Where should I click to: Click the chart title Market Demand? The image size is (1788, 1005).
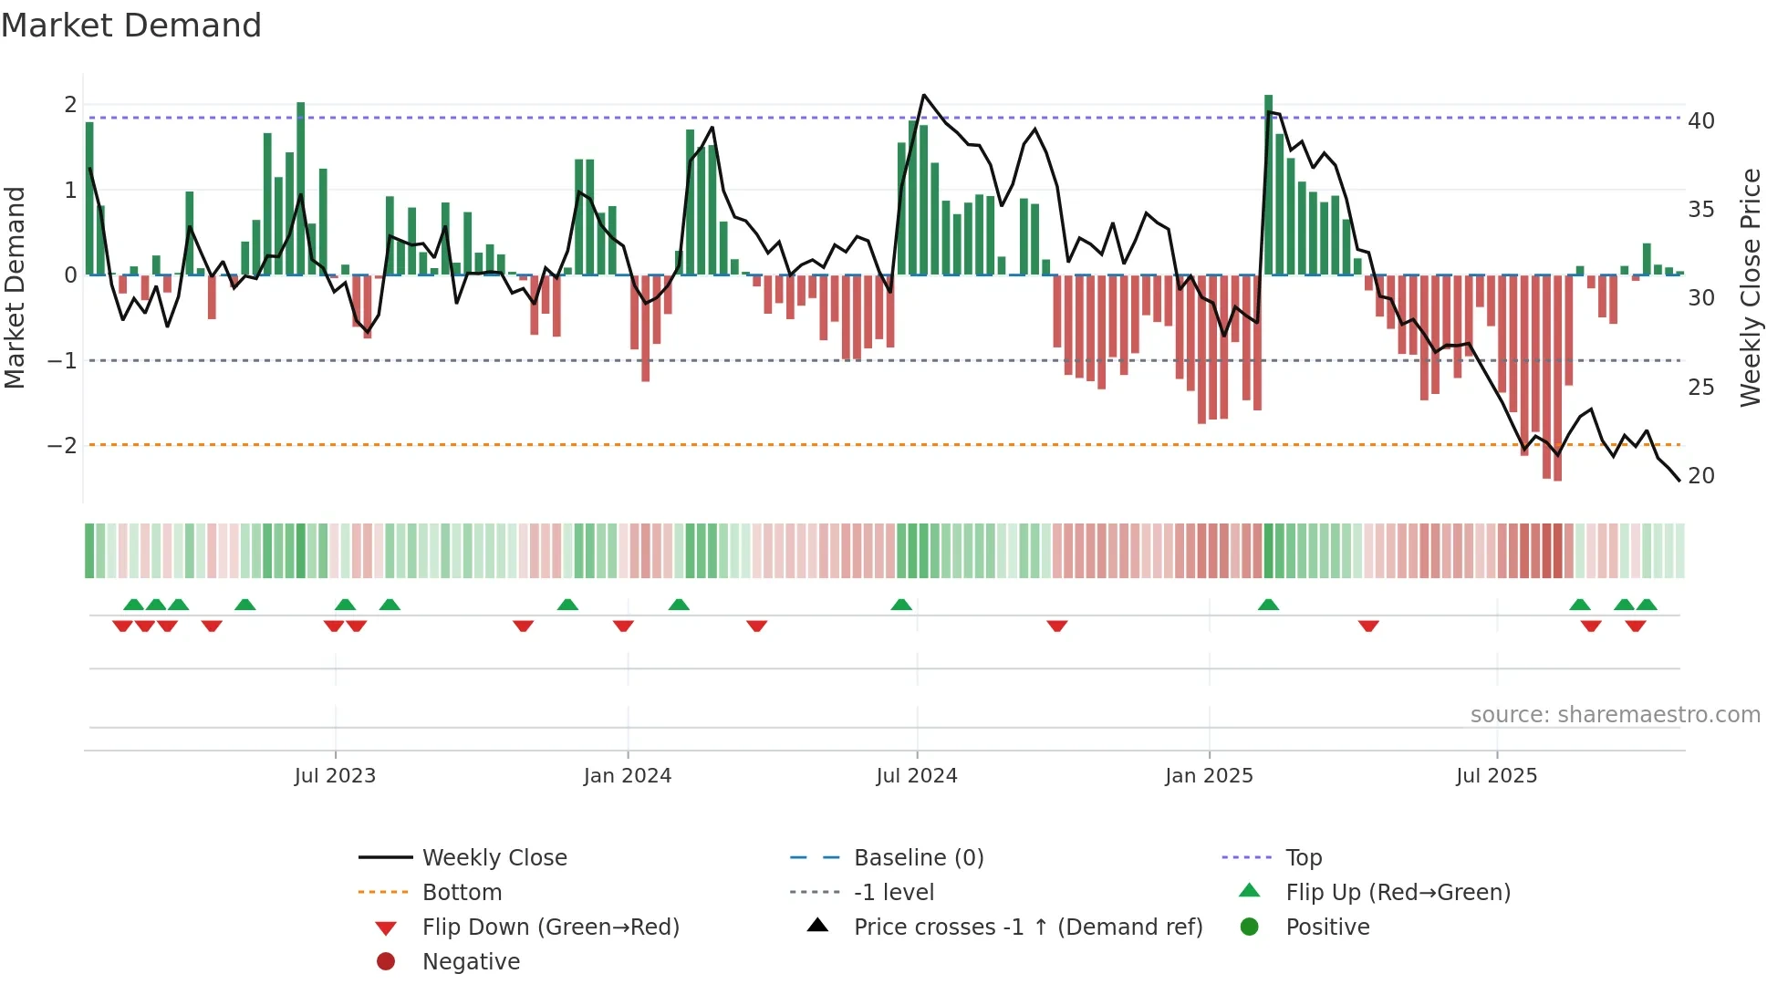(131, 26)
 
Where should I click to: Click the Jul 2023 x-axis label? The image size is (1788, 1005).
(335, 776)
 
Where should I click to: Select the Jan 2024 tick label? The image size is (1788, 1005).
(628, 776)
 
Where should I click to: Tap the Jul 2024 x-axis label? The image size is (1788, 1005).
(917, 776)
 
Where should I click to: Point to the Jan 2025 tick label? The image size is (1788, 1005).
(1209, 776)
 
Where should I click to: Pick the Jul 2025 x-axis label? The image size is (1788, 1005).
(1496, 776)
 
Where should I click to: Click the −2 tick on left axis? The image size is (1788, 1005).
(62, 446)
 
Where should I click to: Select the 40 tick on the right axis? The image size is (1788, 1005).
(1701, 121)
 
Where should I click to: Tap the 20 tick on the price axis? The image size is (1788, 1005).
(1701, 476)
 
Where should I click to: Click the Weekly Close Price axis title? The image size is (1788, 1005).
(1751, 287)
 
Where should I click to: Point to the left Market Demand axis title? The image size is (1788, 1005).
(15, 287)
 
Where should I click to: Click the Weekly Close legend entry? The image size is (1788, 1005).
(494, 858)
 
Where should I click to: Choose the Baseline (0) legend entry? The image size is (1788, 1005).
(918, 858)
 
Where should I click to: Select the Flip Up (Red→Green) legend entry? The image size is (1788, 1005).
(1398, 893)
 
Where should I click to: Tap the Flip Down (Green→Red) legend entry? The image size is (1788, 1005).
(550, 927)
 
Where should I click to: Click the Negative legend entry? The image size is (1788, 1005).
(471, 962)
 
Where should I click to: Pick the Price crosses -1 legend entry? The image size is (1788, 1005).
(1027, 927)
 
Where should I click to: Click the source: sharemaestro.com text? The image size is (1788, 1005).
(1615, 715)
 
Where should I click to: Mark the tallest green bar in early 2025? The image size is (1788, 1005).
(1268, 182)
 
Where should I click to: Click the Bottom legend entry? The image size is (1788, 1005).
(462, 893)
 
